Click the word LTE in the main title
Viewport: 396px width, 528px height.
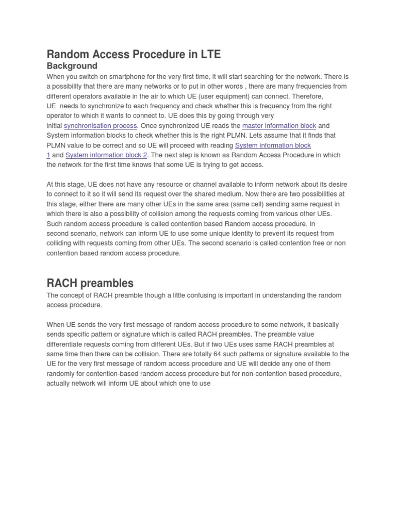(x=208, y=54)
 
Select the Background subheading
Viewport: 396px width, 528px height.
(x=72, y=66)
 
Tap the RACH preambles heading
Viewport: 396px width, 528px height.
(x=90, y=283)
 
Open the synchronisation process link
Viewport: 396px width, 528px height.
(x=101, y=126)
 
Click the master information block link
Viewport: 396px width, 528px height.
(x=279, y=126)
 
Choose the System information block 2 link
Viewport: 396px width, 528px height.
(x=106, y=155)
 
